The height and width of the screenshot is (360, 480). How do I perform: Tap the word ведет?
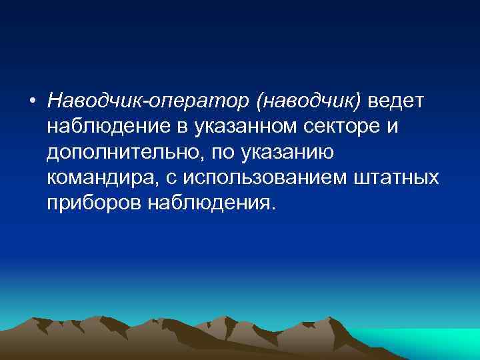click(397, 101)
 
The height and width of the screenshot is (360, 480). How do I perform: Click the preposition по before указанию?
click(221, 153)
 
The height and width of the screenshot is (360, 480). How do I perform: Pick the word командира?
click(98, 178)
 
